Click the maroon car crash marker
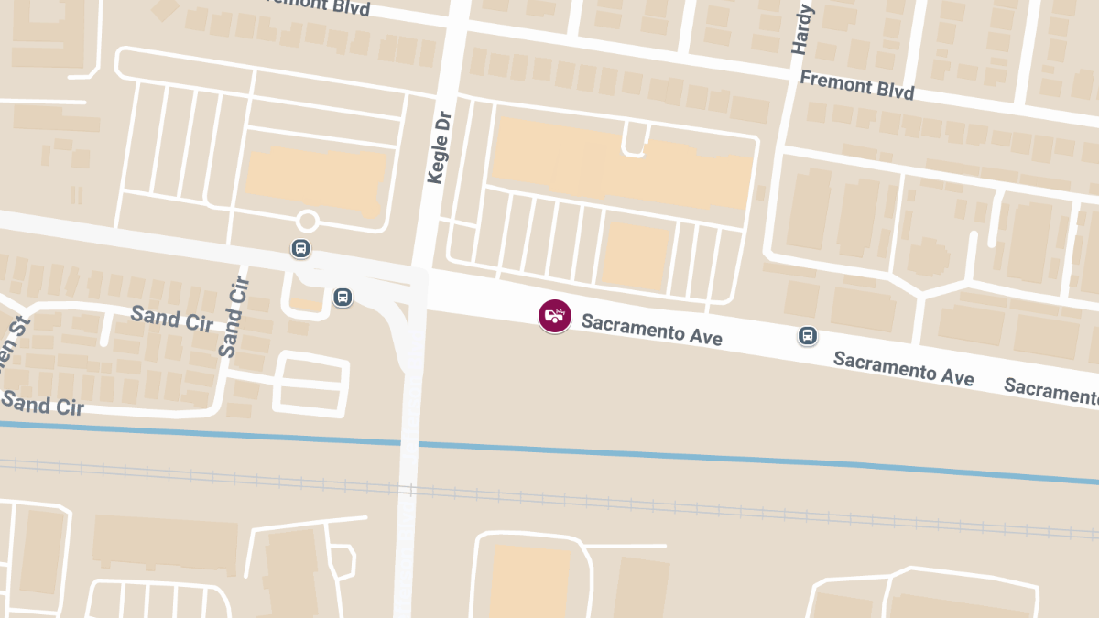point(554,316)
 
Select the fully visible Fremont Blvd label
point(856,85)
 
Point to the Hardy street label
point(803,29)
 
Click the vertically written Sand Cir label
point(235,317)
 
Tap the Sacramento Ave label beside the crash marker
point(651,330)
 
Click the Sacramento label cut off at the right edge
point(1050,391)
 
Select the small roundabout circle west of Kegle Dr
point(308,221)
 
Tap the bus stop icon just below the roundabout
point(300,248)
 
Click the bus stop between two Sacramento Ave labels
point(808,336)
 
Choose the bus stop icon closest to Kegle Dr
point(343,297)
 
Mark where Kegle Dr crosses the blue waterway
point(410,444)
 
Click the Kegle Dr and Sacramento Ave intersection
point(423,289)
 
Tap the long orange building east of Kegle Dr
point(623,165)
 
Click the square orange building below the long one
point(635,255)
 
